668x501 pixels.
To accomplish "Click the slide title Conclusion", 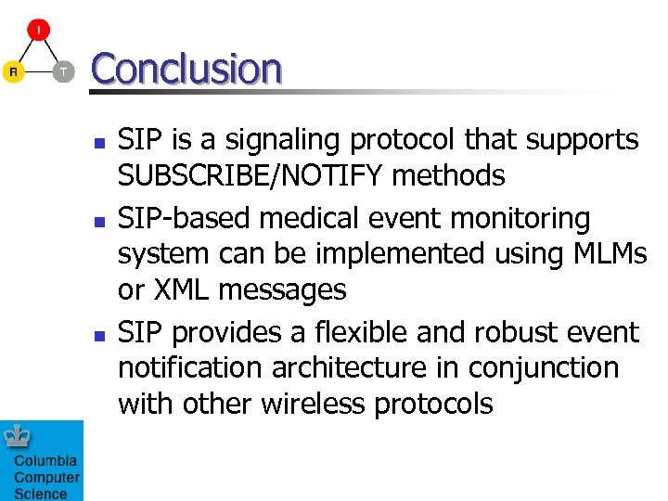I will [x=186, y=69].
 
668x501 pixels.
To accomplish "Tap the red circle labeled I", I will [x=38, y=31].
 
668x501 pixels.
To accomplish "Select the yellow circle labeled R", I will [x=12, y=71].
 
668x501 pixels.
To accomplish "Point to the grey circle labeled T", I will [x=63, y=71].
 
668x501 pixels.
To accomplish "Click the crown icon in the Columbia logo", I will [x=17, y=436].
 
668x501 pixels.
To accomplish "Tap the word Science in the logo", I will [x=40, y=494].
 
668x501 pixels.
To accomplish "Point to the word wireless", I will [x=313, y=404].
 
